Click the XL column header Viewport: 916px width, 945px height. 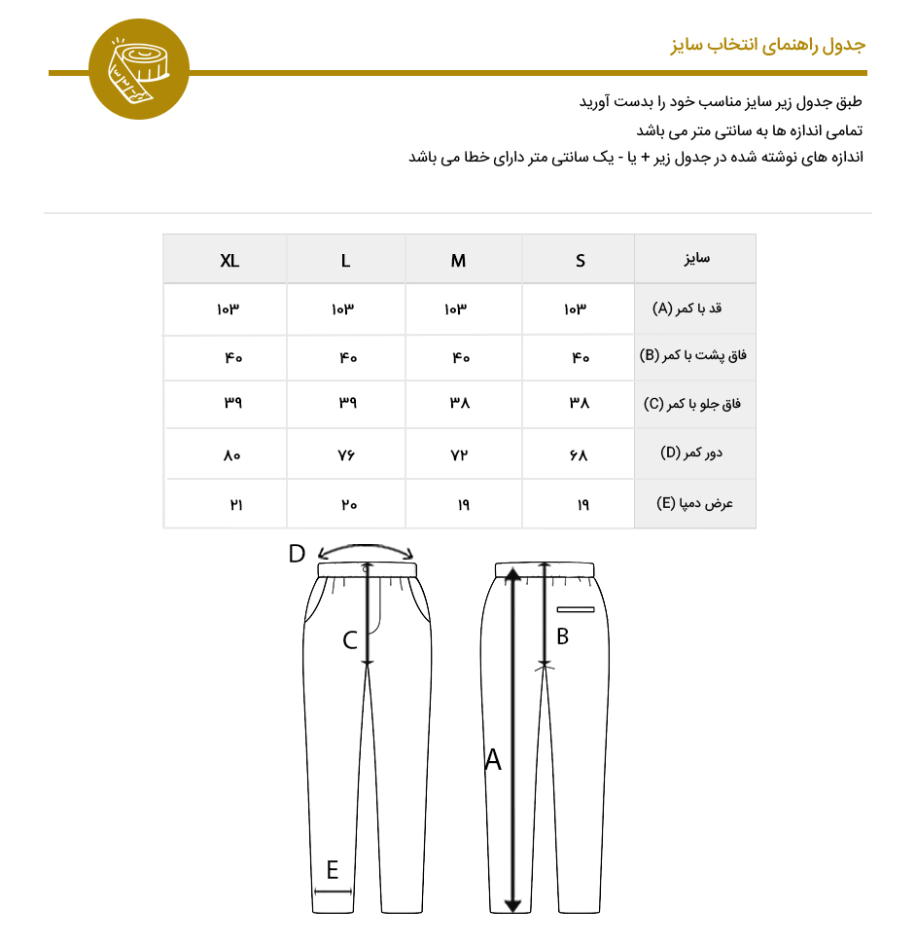click(x=229, y=261)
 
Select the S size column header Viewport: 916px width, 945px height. click(x=581, y=261)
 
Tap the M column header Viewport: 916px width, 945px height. click(x=458, y=261)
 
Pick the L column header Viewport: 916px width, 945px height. click(x=346, y=261)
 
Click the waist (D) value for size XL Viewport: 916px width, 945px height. click(x=231, y=454)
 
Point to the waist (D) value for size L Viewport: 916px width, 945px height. click(x=348, y=454)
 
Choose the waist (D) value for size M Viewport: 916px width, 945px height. click(x=459, y=454)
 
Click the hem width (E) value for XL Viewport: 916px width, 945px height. click(x=234, y=505)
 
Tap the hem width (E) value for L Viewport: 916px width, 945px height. click(x=348, y=505)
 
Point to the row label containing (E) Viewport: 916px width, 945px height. click(x=694, y=504)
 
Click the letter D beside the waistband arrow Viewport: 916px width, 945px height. click(x=298, y=555)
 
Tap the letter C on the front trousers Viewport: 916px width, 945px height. click(x=350, y=640)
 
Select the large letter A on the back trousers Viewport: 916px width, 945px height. click(x=493, y=760)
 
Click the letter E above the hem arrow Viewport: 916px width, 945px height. click(x=333, y=869)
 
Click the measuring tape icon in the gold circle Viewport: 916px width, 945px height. click(x=139, y=71)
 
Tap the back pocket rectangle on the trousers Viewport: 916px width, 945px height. click(x=576, y=610)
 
